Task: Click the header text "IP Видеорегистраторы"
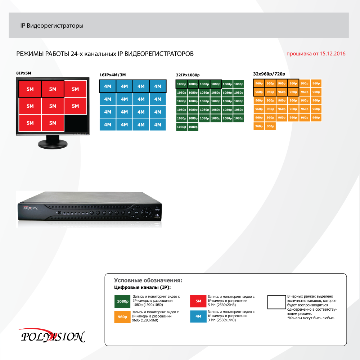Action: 52,26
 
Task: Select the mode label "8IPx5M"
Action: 24,73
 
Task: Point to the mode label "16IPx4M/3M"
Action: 112,75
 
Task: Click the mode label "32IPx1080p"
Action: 188,75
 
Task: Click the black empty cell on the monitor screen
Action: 75,123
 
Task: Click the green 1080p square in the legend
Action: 122,301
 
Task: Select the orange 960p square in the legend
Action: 122,317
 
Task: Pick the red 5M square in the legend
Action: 198,301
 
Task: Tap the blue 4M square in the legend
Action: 198,317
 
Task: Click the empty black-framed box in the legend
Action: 276,302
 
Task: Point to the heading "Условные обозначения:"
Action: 148,280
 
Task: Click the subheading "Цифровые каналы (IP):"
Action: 142,287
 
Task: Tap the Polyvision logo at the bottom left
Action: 52,336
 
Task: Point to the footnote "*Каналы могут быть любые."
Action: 311,318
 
